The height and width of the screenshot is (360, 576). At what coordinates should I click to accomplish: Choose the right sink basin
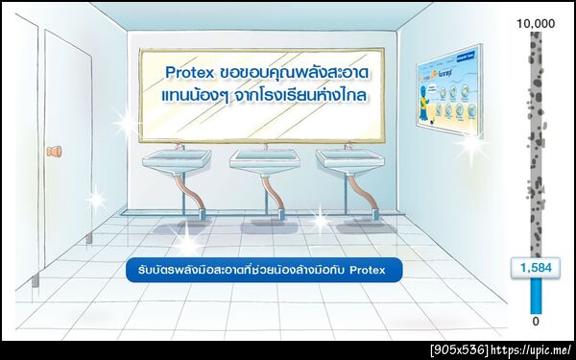point(348,160)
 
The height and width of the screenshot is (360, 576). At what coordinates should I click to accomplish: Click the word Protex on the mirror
point(188,74)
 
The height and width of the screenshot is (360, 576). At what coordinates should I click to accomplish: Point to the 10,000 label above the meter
point(536,22)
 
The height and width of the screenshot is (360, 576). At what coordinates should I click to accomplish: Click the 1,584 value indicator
point(536,268)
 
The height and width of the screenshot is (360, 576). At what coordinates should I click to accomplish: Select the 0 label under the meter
point(536,321)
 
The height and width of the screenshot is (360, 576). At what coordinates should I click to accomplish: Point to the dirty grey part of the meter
point(536,144)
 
